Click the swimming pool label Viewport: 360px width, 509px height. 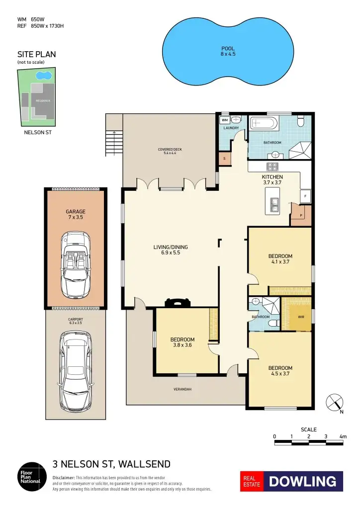coord(228,51)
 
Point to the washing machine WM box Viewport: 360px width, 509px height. coord(225,120)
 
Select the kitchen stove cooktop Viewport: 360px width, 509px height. coord(272,167)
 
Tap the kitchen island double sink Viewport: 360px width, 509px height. coord(273,203)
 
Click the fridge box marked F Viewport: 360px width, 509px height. coord(305,196)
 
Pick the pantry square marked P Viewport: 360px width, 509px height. coord(301,216)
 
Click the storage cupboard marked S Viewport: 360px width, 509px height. coord(224,159)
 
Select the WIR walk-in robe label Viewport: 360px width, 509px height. coord(300,316)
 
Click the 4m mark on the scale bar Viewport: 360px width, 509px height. coord(343,436)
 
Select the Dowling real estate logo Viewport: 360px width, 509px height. coord(292,481)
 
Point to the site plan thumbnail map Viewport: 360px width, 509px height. coord(37,97)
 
